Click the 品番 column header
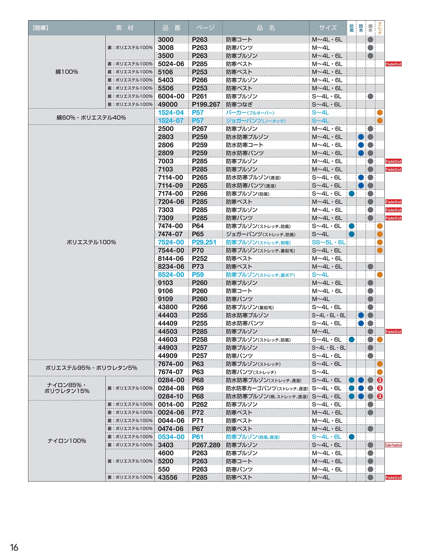pos(171,28)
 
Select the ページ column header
pos(205,28)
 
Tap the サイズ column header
pos(328,28)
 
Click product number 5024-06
pos(171,64)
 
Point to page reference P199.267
pos(206,104)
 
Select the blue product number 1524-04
pos(171,113)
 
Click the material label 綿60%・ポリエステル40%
pos(91,118)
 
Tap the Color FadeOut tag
pos(393,445)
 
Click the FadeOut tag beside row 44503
pos(393,332)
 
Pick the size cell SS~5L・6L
pos(328,242)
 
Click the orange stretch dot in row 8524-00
pos(380,275)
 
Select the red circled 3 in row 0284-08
pos(380,388)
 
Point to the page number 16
pos(14,547)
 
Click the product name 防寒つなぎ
pos(239,104)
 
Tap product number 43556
pos(168,477)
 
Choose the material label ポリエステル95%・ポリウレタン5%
pos(91,368)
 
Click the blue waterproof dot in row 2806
pos(361,145)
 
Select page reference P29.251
pos(204,242)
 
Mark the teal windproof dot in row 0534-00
pos(351,437)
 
